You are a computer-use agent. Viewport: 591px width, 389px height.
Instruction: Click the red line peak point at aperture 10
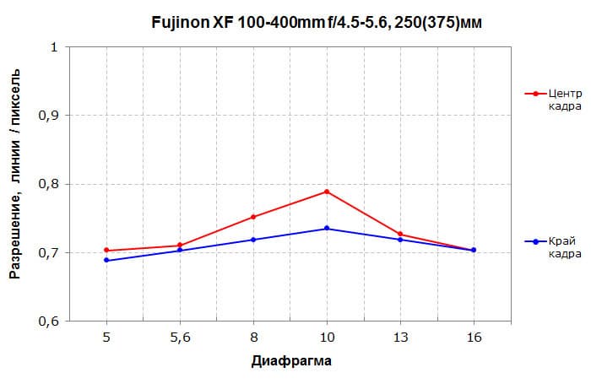(327, 192)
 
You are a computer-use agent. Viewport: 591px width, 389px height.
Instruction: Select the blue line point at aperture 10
(327, 229)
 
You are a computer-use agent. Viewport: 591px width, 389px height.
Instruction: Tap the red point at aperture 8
(253, 217)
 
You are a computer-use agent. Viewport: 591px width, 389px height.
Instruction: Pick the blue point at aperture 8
(253, 240)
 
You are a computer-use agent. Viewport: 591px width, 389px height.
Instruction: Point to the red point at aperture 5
(106, 250)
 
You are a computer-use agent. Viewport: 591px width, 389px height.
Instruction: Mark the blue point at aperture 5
(106, 260)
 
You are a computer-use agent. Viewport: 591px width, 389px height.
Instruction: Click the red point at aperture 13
(400, 235)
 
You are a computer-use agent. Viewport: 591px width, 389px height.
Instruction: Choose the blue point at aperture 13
(400, 240)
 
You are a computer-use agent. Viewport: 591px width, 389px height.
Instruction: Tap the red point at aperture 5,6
(180, 246)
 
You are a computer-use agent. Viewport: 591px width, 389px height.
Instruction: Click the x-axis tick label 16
(474, 337)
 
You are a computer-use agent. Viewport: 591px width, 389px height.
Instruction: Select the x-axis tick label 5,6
(180, 337)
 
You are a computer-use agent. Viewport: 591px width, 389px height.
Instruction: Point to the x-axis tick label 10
(327, 337)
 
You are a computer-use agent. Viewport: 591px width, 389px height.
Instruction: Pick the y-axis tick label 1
(54, 47)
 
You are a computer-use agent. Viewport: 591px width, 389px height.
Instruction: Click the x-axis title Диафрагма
(290, 362)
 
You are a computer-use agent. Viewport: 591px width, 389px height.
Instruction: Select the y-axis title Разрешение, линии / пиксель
(16, 185)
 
